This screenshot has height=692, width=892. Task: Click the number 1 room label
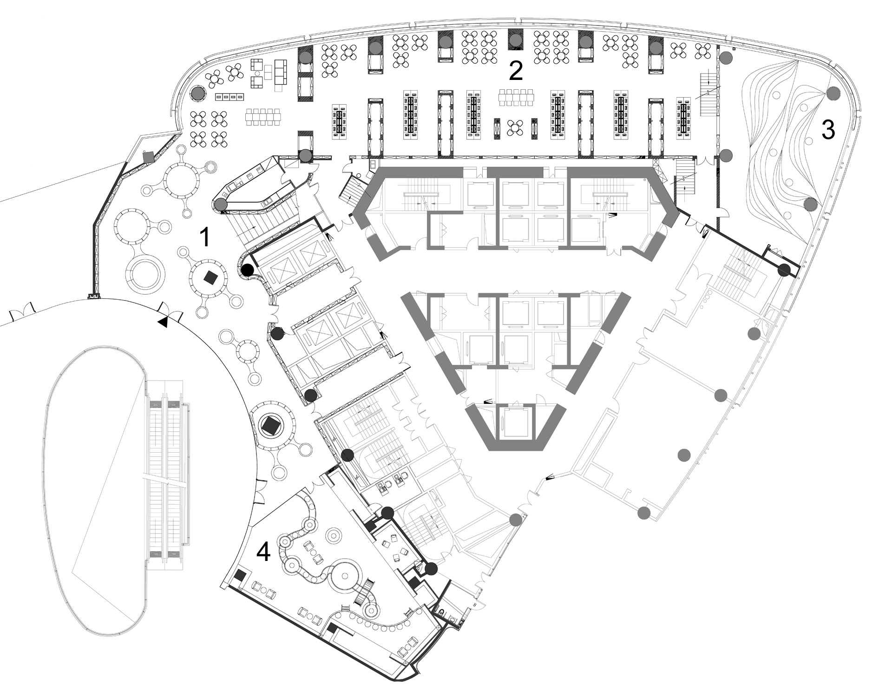204,237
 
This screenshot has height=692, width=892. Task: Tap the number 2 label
516,71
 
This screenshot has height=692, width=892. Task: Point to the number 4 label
263,553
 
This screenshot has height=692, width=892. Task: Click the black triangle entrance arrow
163,322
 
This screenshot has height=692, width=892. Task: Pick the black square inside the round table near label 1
211,277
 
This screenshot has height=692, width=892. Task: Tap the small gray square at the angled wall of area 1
149,158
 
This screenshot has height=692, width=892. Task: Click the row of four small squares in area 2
230,97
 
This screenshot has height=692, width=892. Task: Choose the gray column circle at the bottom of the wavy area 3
810,204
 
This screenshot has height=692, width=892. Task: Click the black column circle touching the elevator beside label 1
247,270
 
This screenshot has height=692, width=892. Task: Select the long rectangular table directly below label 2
516,97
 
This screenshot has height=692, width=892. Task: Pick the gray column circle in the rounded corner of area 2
198,93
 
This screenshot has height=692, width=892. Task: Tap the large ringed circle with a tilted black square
269,425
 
